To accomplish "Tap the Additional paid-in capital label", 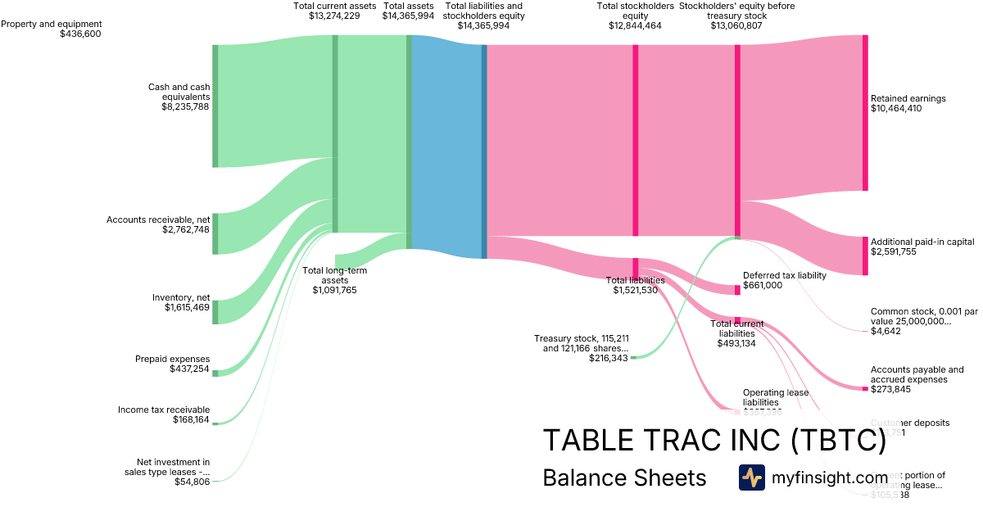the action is click(x=922, y=242).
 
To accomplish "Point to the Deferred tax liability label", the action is click(x=784, y=275).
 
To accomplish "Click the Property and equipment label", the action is click(x=52, y=24).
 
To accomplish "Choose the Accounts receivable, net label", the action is click(x=158, y=220).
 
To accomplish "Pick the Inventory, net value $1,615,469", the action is click(x=187, y=308).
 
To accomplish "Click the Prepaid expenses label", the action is click(x=172, y=359).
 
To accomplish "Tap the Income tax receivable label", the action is click(x=164, y=410).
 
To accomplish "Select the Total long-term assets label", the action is click(x=334, y=275).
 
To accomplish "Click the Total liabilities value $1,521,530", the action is click(x=635, y=290).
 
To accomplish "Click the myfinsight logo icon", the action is click(x=751, y=478).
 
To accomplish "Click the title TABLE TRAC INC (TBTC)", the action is click(x=714, y=441).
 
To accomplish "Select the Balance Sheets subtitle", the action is click(x=624, y=478).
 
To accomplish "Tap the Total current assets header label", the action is click(x=334, y=6).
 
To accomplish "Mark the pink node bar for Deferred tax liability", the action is click(x=737, y=289).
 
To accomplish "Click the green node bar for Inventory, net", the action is click(x=215, y=312).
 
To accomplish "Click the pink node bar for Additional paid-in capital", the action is click(x=864, y=256).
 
